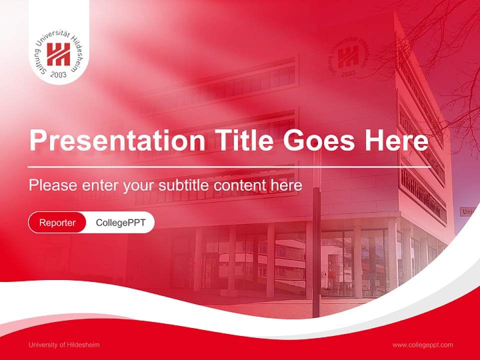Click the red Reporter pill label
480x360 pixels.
click(x=57, y=222)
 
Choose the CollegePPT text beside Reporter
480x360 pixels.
click(x=120, y=222)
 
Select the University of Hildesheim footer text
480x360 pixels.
click(x=64, y=345)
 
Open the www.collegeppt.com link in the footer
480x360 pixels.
click(x=422, y=345)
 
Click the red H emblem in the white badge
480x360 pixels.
click(x=58, y=54)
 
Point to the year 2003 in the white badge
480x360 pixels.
click(x=58, y=74)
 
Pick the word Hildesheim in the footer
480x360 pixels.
click(x=82, y=345)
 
